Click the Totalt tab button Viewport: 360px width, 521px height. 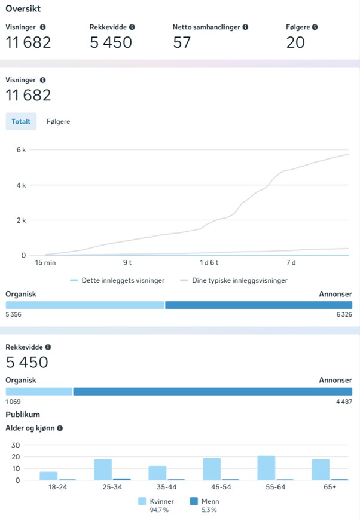click(21, 121)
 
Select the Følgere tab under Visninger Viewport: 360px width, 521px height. click(58, 121)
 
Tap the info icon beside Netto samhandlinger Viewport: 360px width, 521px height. click(246, 27)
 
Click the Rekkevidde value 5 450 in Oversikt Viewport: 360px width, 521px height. click(111, 42)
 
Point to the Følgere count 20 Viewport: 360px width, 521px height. click(295, 42)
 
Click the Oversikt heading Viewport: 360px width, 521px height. click(23, 9)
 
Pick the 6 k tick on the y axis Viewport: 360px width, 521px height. click(20, 150)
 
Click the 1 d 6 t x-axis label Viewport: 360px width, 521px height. click(210, 263)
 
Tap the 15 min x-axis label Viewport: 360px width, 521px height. click(46, 263)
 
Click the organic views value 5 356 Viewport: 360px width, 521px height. click(14, 314)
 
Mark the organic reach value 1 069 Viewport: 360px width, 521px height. click(14, 402)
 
